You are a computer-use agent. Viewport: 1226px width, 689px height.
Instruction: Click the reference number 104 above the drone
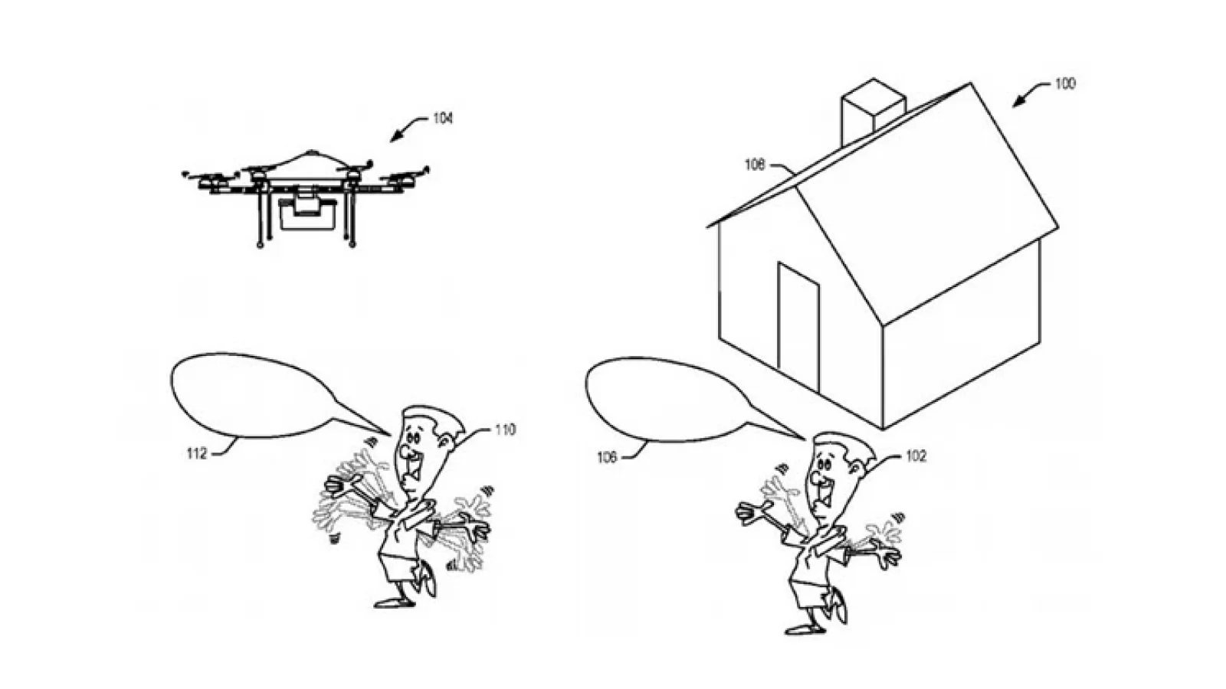tap(443, 118)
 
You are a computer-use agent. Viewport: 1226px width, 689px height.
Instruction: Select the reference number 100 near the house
tap(1065, 83)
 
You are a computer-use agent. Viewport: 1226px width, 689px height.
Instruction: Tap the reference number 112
tap(197, 453)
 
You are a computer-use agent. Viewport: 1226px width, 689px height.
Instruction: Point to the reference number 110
tap(505, 430)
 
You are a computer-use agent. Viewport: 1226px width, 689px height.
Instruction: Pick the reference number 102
tap(916, 456)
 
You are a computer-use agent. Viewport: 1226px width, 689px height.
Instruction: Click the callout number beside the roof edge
tap(755, 164)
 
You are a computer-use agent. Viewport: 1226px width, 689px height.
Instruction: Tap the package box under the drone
tap(306, 214)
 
